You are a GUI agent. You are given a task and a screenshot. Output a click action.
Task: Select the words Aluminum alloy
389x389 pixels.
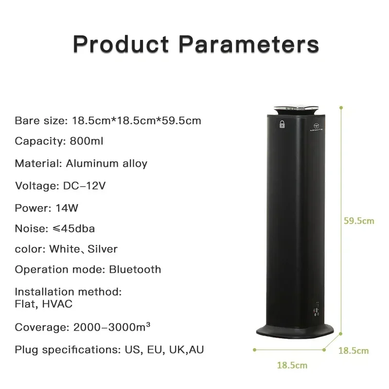[x=106, y=163]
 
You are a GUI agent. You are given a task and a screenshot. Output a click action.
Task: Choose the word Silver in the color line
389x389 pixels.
[x=103, y=249]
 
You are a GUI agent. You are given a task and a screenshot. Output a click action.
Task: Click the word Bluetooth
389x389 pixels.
[x=135, y=269]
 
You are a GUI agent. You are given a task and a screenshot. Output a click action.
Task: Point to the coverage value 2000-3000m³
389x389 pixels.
[x=111, y=327]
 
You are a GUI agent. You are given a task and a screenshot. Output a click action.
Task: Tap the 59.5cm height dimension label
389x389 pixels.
[x=359, y=221]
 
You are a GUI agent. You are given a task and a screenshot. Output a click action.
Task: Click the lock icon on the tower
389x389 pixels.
[x=282, y=124]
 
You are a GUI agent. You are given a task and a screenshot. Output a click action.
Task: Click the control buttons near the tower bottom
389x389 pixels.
[x=317, y=310]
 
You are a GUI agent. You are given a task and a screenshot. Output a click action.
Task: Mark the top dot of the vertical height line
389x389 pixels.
[x=342, y=106]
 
